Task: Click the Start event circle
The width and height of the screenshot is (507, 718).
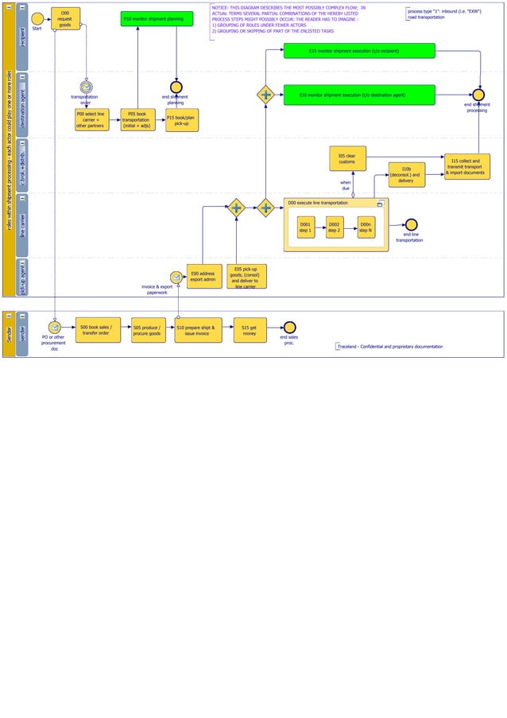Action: (x=37, y=18)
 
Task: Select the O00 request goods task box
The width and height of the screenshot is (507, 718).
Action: (x=65, y=19)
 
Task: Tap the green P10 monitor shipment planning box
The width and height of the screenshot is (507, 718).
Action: (x=157, y=18)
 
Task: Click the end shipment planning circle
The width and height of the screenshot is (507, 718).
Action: (x=176, y=87)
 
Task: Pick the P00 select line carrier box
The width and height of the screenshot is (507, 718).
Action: (x=91, y=120)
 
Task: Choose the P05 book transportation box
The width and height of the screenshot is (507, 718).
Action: (x=137, y=120)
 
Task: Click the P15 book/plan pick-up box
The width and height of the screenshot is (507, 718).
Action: (x=182, y=120)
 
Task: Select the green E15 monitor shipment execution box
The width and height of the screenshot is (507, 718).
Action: (x=359, y=51)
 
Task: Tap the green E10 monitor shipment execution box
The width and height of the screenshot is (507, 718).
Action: (x=359, y=95)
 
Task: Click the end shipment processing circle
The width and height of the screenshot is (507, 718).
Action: (x=478, y=95)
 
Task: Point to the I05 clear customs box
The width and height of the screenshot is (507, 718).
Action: (x=347, y=158)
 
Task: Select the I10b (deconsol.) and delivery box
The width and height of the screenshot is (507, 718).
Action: (x=406, y=175)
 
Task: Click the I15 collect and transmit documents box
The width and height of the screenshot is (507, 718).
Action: (x=466, y=166)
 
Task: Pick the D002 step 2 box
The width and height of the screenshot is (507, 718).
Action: (x=335, y=227)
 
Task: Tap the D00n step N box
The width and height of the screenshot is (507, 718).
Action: (x=366, y=227)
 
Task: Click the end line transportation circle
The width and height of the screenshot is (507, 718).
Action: (x=411, y=225)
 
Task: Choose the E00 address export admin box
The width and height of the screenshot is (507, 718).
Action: (x=203, y=277)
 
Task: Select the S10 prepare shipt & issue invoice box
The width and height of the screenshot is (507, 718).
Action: (x=197, y=330)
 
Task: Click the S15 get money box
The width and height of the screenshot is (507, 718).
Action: (x=250, y=330)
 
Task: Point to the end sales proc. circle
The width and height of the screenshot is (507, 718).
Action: (x=290, y=328)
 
